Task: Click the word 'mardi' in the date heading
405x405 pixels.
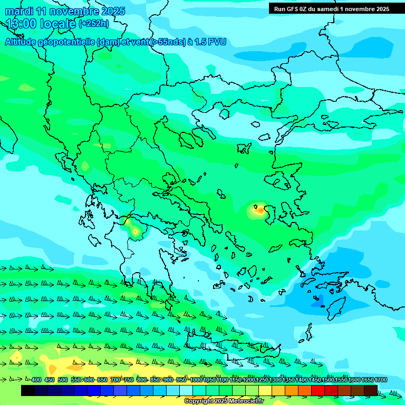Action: click(19, 11)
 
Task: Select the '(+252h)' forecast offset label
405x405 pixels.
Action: click(94, 24)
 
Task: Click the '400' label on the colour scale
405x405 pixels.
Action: click(36, 380)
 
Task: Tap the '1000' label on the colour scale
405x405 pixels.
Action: click(196, 380)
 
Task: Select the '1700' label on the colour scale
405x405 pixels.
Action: click(380, 380)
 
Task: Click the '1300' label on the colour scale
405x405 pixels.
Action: click(275, 380)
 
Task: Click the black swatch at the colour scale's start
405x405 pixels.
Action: click(28, 390)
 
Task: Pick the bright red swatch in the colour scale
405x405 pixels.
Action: click(317, 390)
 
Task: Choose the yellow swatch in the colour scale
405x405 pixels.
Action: click(265, 390)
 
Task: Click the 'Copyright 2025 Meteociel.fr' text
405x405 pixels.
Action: click(224, 401)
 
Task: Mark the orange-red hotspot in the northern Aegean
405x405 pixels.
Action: click(259, 210)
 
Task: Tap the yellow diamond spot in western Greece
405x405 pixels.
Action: click(135, 231)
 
